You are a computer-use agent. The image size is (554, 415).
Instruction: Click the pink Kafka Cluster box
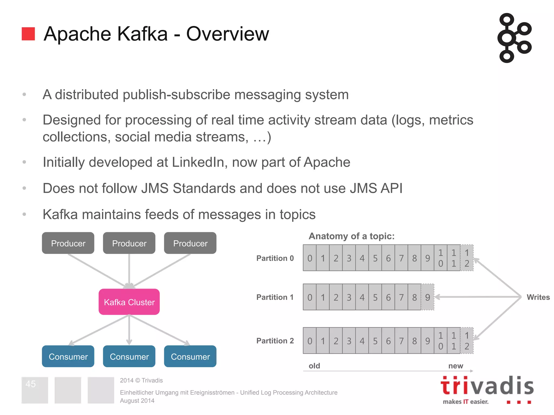point(129,302)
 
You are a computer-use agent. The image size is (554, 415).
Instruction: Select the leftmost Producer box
point(68,243)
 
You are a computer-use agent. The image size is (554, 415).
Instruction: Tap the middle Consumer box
point(129,356)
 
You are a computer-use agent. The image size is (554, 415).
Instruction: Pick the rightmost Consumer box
point(190,356)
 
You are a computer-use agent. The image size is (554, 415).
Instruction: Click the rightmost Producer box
point(190,243)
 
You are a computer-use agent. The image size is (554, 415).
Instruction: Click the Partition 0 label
point(275,258)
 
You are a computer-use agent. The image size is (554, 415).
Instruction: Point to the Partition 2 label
point(275,341)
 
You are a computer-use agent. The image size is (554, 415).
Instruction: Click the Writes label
point(538,297)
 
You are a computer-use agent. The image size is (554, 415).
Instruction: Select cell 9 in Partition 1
point(427,297)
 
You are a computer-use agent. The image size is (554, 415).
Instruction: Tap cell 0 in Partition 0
point(310,258)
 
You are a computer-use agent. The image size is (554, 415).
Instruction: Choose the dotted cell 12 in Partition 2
point(467,341)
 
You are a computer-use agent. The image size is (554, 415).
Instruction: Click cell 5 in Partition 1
point(375,297)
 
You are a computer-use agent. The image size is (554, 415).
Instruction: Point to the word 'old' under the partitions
point(314,366)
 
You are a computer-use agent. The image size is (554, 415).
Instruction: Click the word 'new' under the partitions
point(456,366)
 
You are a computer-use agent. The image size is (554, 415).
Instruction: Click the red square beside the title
point(28,34)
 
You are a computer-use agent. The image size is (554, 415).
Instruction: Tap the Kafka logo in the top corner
point(514,38)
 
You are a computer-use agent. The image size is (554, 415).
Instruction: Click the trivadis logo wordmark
point(487,386)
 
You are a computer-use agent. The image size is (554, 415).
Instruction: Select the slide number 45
point(31,384)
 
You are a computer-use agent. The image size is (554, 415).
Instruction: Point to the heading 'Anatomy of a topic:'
point(352,236)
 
